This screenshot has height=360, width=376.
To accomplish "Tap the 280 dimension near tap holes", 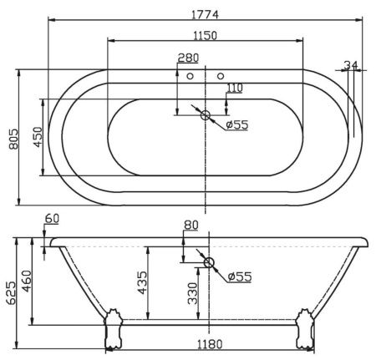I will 189,58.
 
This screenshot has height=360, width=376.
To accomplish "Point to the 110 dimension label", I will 234,88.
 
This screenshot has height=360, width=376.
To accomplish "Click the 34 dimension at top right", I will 351,65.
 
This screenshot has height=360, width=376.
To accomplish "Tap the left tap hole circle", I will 191,77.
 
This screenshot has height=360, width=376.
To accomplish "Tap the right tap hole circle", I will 221,77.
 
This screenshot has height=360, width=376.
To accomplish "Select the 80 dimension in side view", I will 191,225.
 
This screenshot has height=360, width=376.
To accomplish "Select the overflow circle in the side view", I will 209,263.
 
